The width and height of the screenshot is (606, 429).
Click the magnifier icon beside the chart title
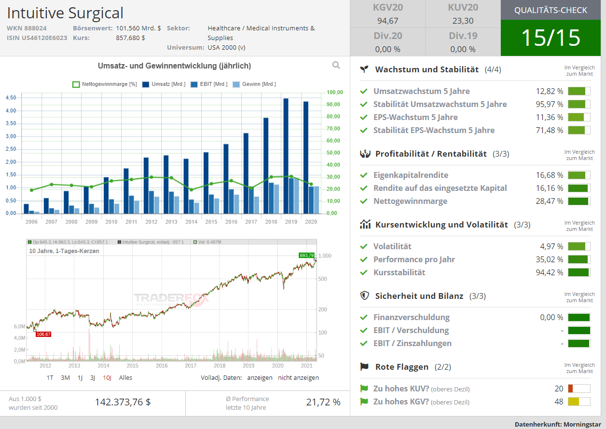pos(336,65)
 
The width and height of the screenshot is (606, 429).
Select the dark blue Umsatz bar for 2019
pos(286,156)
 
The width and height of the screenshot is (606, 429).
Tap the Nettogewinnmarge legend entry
pos(105,84)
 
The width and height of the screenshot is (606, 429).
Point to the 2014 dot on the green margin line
pos(191,190)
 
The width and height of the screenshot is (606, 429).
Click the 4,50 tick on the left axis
pos(11,97)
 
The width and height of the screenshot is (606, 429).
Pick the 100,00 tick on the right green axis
pos(335,92)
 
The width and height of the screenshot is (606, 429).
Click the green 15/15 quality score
pos(551,38)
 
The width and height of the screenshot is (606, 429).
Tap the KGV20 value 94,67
pos(388,21)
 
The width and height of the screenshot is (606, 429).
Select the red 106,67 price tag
pos(43,335)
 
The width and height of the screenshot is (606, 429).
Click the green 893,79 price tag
pos(306,255)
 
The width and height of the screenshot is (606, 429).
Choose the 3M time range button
pos(65,377)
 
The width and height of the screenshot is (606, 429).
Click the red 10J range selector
pos(107,377)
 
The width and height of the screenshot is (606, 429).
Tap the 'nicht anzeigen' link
pos(298,377)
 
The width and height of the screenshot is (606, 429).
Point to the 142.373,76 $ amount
pos(123,402)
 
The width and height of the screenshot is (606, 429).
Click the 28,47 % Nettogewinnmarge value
pos(549,201)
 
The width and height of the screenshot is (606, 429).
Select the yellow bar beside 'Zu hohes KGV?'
pos(573,402)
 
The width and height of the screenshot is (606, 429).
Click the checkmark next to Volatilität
pos(364,246)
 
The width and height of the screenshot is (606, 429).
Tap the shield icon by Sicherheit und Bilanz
pos(365,295)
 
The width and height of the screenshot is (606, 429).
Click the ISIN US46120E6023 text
pos(37,38)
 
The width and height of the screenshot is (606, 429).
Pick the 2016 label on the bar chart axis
pos(231,222)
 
